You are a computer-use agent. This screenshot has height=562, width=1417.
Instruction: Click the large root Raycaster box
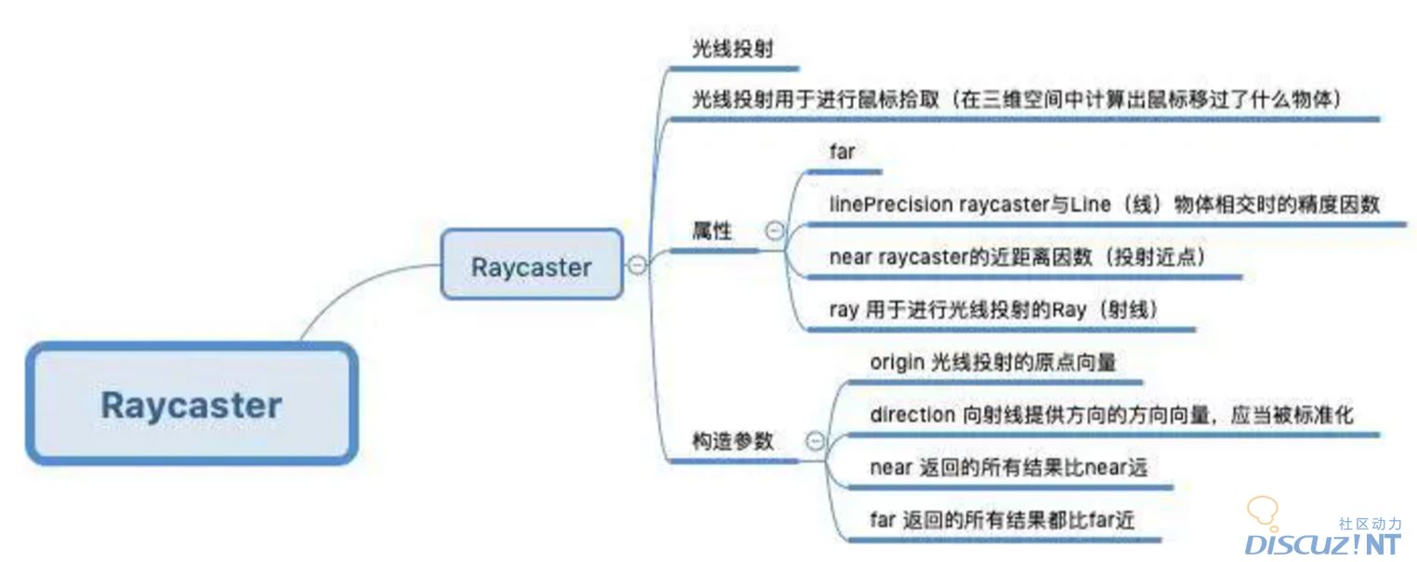191,404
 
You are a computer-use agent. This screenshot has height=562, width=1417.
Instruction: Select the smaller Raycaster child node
531,267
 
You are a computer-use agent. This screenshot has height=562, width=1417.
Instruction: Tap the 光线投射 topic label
730,49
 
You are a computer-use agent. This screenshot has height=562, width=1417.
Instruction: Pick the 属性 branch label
712,232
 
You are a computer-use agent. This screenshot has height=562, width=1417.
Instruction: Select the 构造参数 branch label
733,441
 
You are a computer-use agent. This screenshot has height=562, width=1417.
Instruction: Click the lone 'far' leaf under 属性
841,151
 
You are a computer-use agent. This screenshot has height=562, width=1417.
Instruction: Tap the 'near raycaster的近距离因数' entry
1017,257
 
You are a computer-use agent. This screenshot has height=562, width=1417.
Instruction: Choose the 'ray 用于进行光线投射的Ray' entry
993,310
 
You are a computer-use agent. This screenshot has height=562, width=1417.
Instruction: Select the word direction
912,414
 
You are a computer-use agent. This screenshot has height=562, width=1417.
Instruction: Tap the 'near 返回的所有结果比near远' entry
1008,467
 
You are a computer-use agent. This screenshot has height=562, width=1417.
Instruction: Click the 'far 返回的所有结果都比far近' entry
1002,520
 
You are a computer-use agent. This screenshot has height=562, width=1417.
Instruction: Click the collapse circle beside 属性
774,232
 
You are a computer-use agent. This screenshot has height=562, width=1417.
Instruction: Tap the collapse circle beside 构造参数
815,441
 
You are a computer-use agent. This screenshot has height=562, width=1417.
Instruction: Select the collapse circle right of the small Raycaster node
636,265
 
